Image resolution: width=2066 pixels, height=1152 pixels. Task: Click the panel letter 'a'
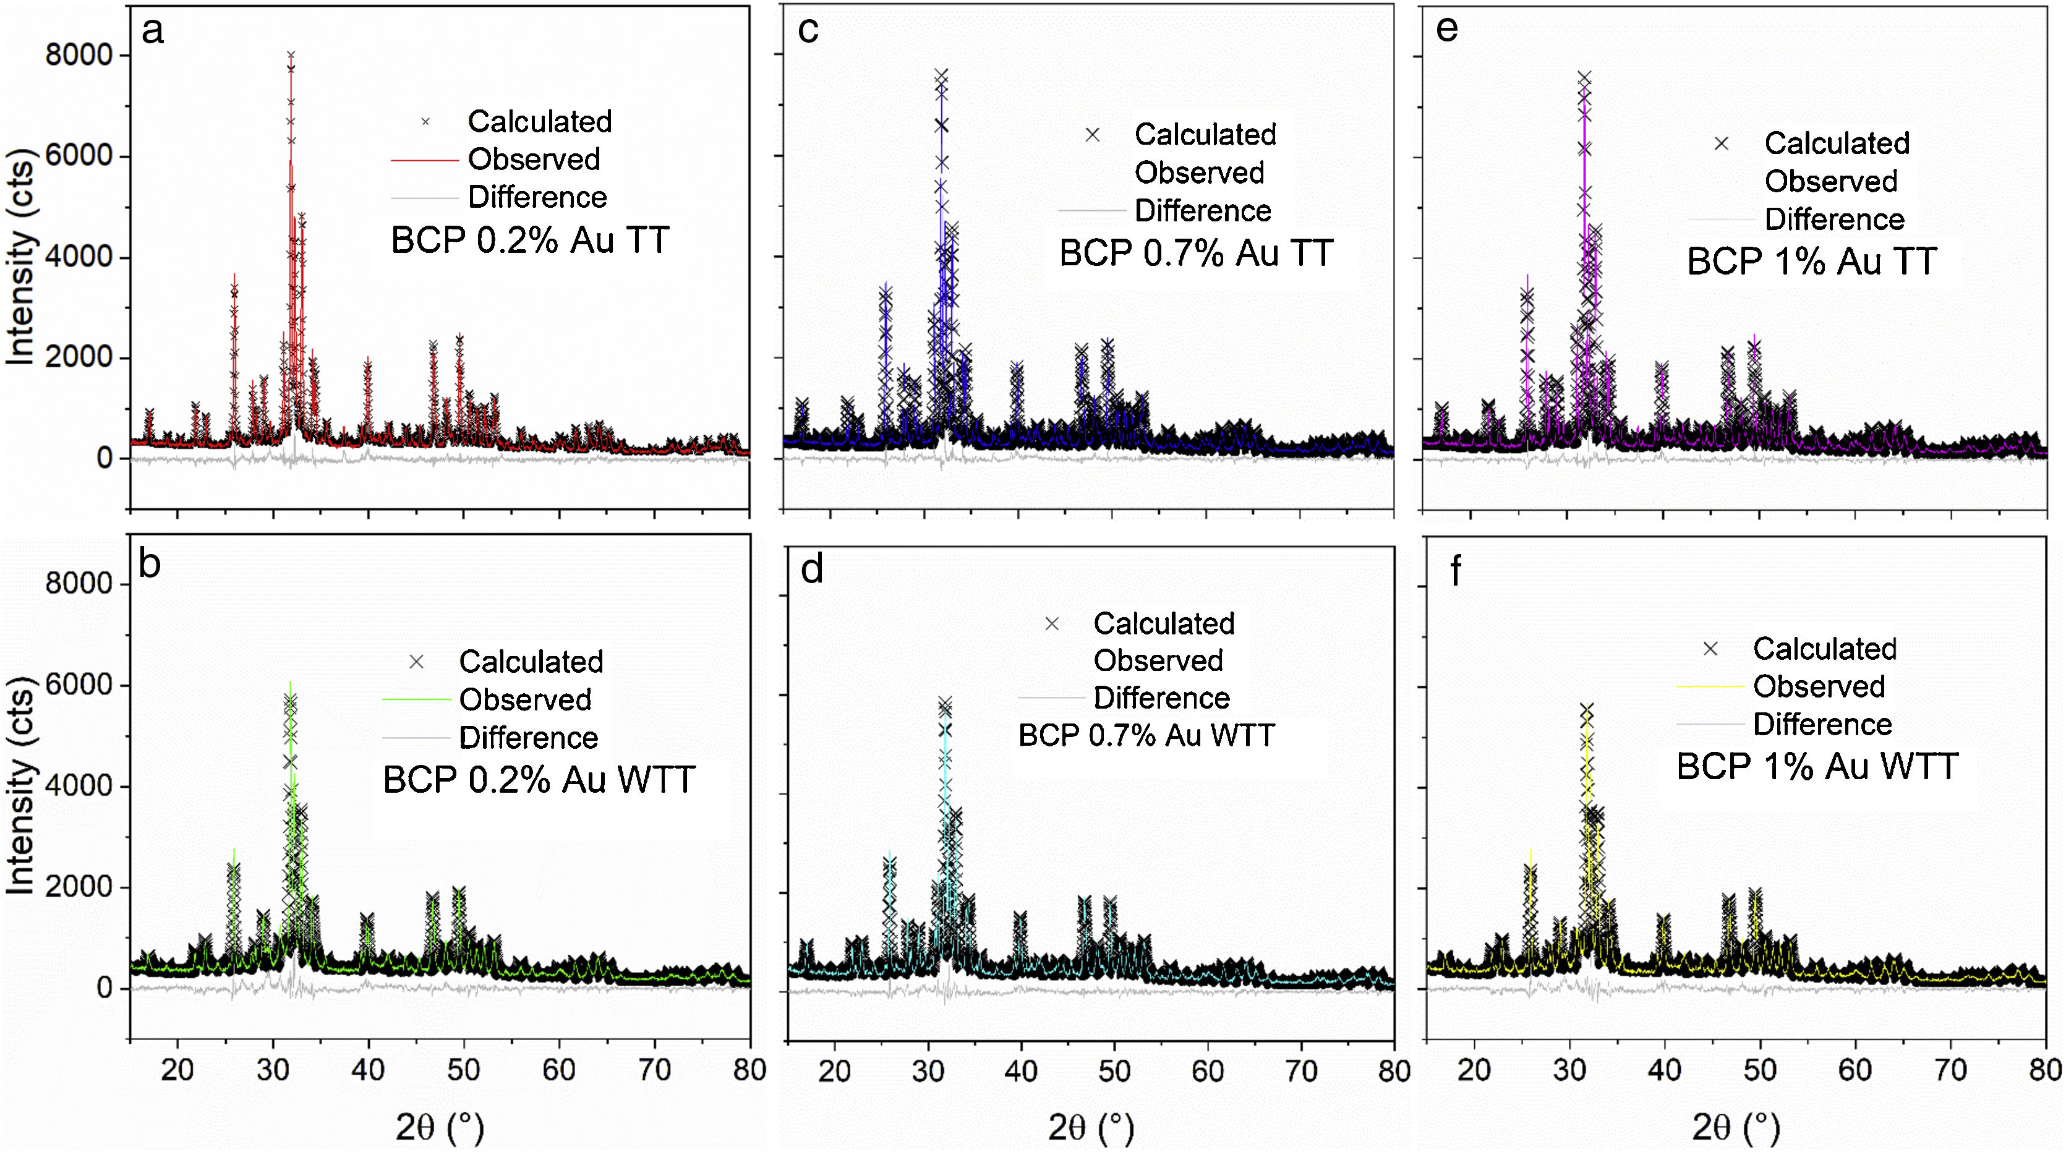(x=152, y=32)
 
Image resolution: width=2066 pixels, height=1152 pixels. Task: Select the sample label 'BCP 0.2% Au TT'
(x=529, y=241)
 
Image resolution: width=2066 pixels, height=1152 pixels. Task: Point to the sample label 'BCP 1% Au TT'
(x=1812, y=262)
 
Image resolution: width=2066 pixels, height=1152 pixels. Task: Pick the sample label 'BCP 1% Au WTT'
(x=1817, y=767)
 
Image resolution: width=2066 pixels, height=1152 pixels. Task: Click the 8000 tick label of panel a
(x=79, y=56)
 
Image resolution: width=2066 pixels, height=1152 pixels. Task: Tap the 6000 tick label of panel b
(x=79, y=685)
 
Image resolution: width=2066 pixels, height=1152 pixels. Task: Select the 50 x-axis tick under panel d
(x=1114, y=1070)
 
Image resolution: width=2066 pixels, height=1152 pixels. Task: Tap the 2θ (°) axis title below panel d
(x=1091, y=1128)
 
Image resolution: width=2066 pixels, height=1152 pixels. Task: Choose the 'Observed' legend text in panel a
(x=534, y=160)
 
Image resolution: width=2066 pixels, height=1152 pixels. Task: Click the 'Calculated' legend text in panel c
(x=1205, y=135)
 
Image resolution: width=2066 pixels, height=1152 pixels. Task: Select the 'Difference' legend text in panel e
(x=1834, y=219)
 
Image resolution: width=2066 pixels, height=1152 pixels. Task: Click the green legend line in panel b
(x=416, y=699)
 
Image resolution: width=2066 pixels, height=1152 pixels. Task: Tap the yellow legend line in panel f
(x=1710, y=687)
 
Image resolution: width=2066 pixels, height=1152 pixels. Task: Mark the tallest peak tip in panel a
(x=291, y=54)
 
